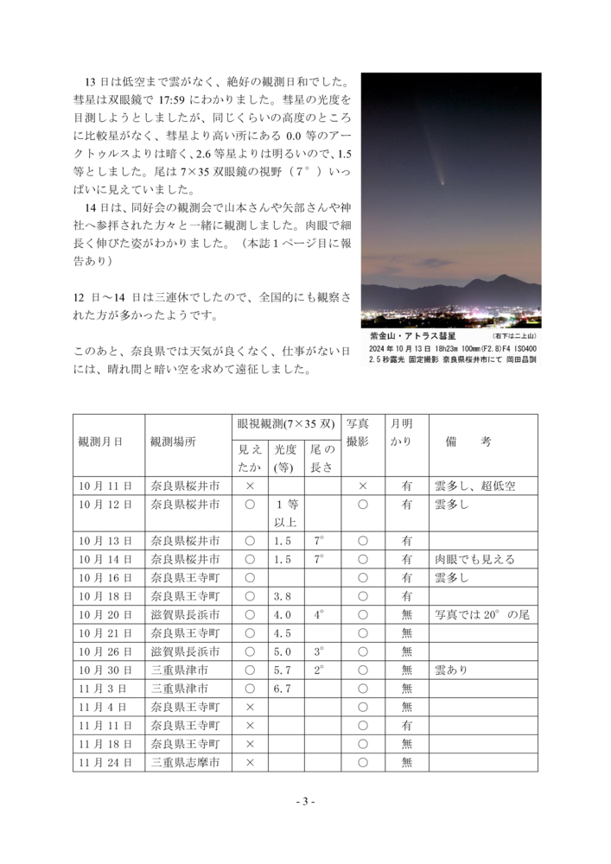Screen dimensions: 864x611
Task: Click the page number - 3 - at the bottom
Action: click(x=304, y=802)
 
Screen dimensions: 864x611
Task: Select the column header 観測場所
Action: click(x=173, y=441)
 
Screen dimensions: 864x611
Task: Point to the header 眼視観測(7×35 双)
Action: click(x=285, y=424)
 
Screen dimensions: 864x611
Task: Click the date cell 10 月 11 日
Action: click(x=105, y=486)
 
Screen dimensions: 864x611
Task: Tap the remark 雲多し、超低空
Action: click(x=475, y=486)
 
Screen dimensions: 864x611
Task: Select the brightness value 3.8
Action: click(x=282, y=596)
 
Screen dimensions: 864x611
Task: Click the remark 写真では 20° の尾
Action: click(x=482, y=614)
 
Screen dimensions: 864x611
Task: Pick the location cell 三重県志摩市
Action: click(x=185, y=762)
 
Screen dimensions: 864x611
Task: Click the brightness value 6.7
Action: click(x=282, y=689)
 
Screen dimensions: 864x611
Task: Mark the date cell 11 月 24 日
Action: click(x=105, y=762)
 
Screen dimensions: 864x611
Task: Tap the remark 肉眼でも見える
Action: click(x=475, y=559)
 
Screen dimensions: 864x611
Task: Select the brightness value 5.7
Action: click(x=282, y=670)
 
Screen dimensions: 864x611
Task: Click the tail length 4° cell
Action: click(x=320, y=614)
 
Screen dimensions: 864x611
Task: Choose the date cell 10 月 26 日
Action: click(x=105, y=651)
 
